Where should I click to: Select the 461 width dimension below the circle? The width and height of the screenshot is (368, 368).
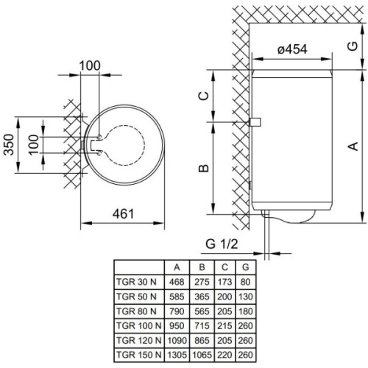[123, 214]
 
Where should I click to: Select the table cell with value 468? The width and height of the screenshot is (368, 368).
[176, 280]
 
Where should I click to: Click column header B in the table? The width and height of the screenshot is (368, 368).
[201, 266]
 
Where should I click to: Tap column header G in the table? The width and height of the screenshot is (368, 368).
[246, 266]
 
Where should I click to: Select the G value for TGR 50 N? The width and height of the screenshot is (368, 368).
[246, 294]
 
